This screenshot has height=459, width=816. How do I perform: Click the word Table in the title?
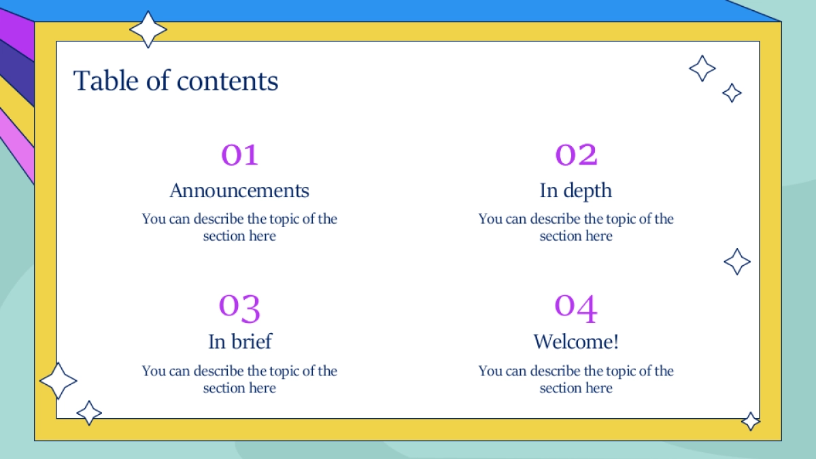click(x=105, y=80)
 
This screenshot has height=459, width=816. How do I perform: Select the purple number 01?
click(x=239, y=155)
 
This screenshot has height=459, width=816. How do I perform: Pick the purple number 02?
click(x=576, y=155)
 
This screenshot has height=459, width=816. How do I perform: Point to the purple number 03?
click(x=239, y=308)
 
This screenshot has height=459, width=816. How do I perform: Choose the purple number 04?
click(x=575, y=308)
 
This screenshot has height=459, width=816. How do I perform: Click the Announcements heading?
click(x=239, y=190)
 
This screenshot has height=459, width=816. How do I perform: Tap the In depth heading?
click(x=575, y=191)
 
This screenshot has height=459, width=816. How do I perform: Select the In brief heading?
click(x=239, y=341)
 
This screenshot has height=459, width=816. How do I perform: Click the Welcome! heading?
click(x=576, y=341)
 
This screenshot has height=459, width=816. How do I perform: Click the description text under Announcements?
click(x=239, y=227)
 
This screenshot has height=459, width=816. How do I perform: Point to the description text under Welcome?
click(x=576, y=379)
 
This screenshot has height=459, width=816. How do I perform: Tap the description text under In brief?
click(x=239, y=379)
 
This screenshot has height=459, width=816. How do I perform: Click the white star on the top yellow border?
click(x=148, y=29)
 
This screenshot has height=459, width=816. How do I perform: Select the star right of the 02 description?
click(x=737, y=262)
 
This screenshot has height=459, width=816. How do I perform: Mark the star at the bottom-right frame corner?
click(x=751, y=422)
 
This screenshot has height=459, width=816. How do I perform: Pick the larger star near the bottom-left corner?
click(x=58, y=381)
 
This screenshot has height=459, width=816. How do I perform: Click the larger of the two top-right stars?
click(x=702, y=68)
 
